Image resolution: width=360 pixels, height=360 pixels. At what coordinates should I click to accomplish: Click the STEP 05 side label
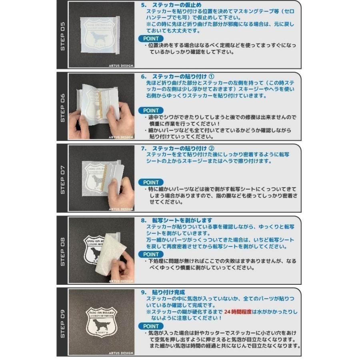(62, 35)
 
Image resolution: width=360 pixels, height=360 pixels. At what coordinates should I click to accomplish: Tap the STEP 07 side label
(62, 178)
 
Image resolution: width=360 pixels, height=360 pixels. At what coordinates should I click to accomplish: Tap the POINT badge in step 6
(151, 110)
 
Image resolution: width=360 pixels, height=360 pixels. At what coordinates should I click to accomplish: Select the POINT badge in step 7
(151, 182)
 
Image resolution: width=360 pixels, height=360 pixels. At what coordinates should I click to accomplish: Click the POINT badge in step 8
(151, 254)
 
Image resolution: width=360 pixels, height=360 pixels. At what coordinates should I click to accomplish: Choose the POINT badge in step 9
(151, 326)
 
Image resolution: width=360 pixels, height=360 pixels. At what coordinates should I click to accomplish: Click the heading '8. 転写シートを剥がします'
(176, 220)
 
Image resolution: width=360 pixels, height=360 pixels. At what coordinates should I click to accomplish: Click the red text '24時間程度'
(238, 312)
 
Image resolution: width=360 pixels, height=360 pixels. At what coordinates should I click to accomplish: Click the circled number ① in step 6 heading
(212, 76)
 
